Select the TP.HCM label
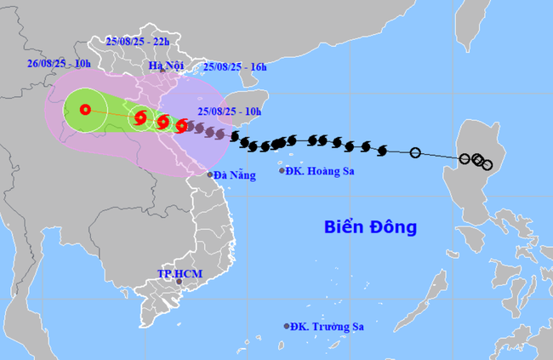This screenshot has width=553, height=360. [177, 273]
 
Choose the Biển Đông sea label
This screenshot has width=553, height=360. [370, 227]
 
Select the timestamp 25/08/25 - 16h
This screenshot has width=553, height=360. [235, 66]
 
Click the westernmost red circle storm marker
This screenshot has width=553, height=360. [85, 109]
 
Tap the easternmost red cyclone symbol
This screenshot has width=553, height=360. [181, 127]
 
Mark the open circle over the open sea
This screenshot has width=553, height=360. [415, 153]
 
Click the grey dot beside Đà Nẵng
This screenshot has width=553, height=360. [210, 174]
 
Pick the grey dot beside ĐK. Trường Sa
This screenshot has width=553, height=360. [287, 326]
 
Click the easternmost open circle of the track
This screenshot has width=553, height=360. [487, 165]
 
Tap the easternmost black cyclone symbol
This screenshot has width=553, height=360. [380, 151]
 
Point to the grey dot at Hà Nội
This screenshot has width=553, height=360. [162, 71]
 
